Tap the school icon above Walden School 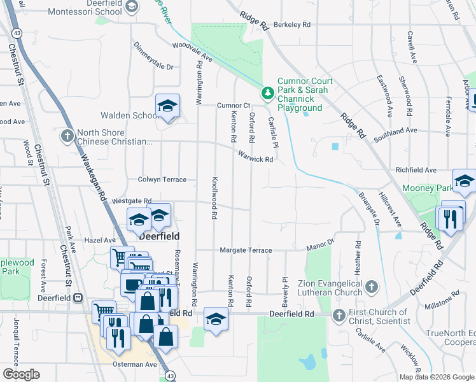point(167,106)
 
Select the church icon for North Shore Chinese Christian point(67,136)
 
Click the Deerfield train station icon point(78,297)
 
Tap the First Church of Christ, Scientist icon point(339,315)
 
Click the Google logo point(21,374)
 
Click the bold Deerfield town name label point(159,236)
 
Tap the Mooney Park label point(428,188)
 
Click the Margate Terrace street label point(246,250)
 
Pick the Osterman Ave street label point(135,365)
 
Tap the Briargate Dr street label point(368,208)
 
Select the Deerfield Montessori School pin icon point(132,7)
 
